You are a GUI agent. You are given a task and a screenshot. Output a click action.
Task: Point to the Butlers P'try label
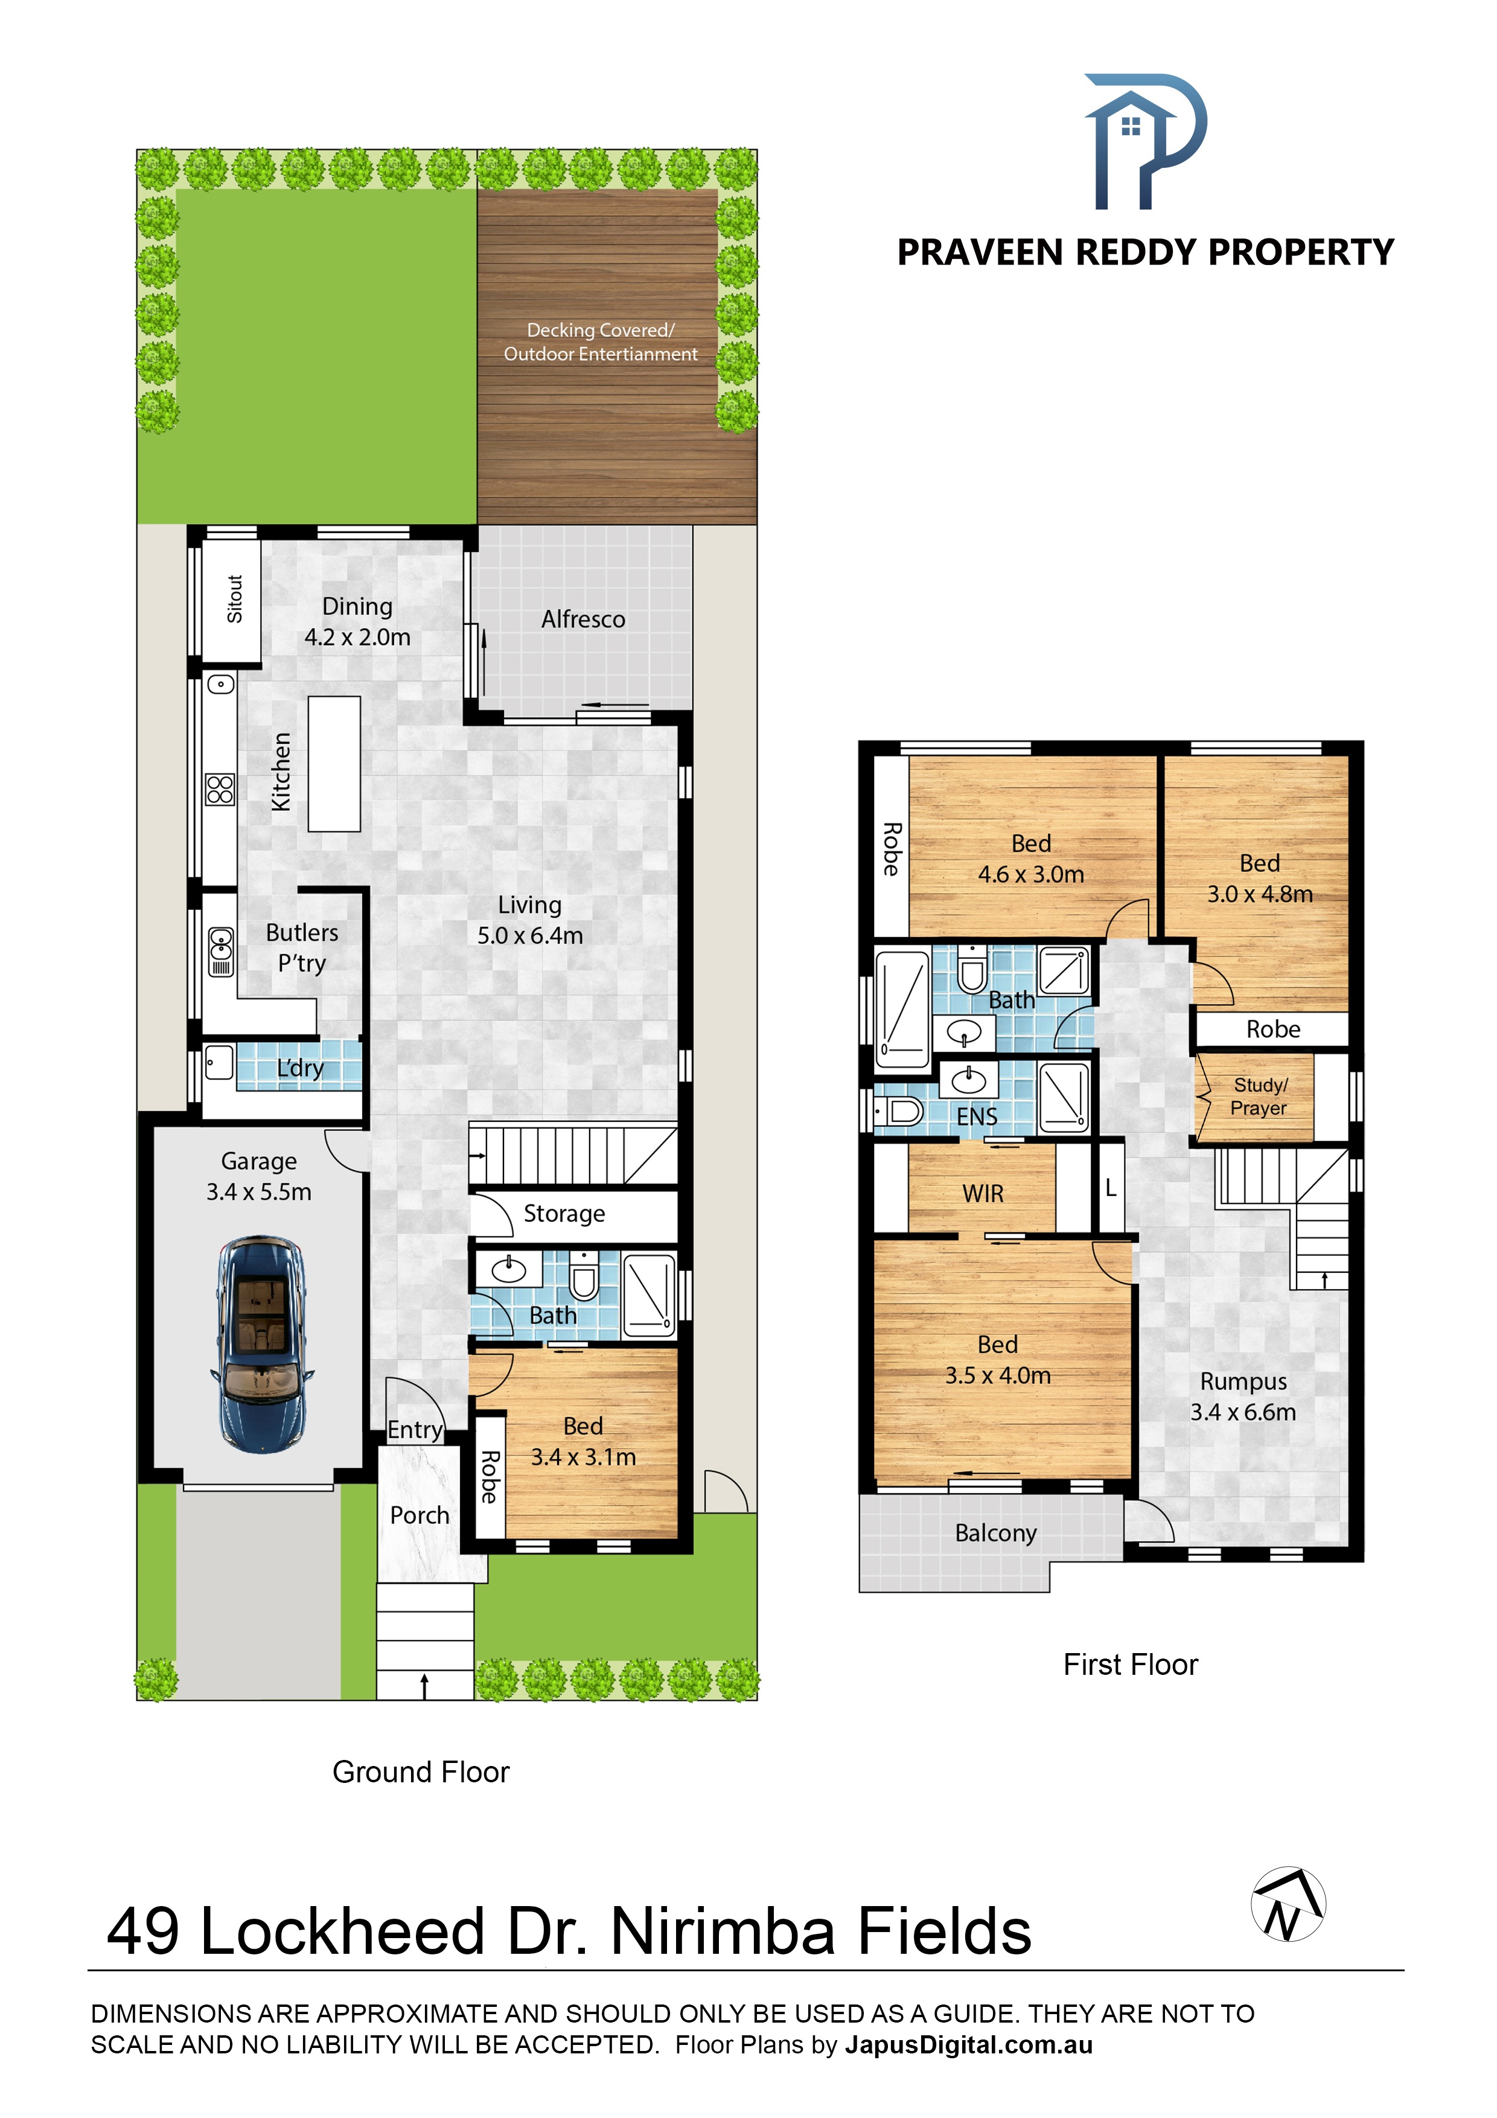(x=302, y=947)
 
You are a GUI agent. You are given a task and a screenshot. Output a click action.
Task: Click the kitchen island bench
(x=334, y=764)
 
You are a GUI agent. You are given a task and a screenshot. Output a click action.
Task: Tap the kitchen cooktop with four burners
(x=220, y=790)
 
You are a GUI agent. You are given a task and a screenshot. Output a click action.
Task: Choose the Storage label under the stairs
(x=564, y=1214)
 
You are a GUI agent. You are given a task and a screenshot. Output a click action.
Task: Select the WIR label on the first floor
(x=983, y=1194)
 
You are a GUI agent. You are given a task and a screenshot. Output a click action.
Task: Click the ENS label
(x=977, y=1116)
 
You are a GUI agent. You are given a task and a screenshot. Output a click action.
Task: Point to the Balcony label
(x=996, y=1532)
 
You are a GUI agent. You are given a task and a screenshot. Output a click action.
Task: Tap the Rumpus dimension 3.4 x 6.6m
(x=1243, y=1412)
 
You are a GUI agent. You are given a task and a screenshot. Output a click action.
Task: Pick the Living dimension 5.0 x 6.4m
(x=531, y=935)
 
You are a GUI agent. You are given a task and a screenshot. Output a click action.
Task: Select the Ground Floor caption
(x=421, y=1772)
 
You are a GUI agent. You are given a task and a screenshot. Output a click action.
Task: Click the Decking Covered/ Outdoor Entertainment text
(x=601, y=342)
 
